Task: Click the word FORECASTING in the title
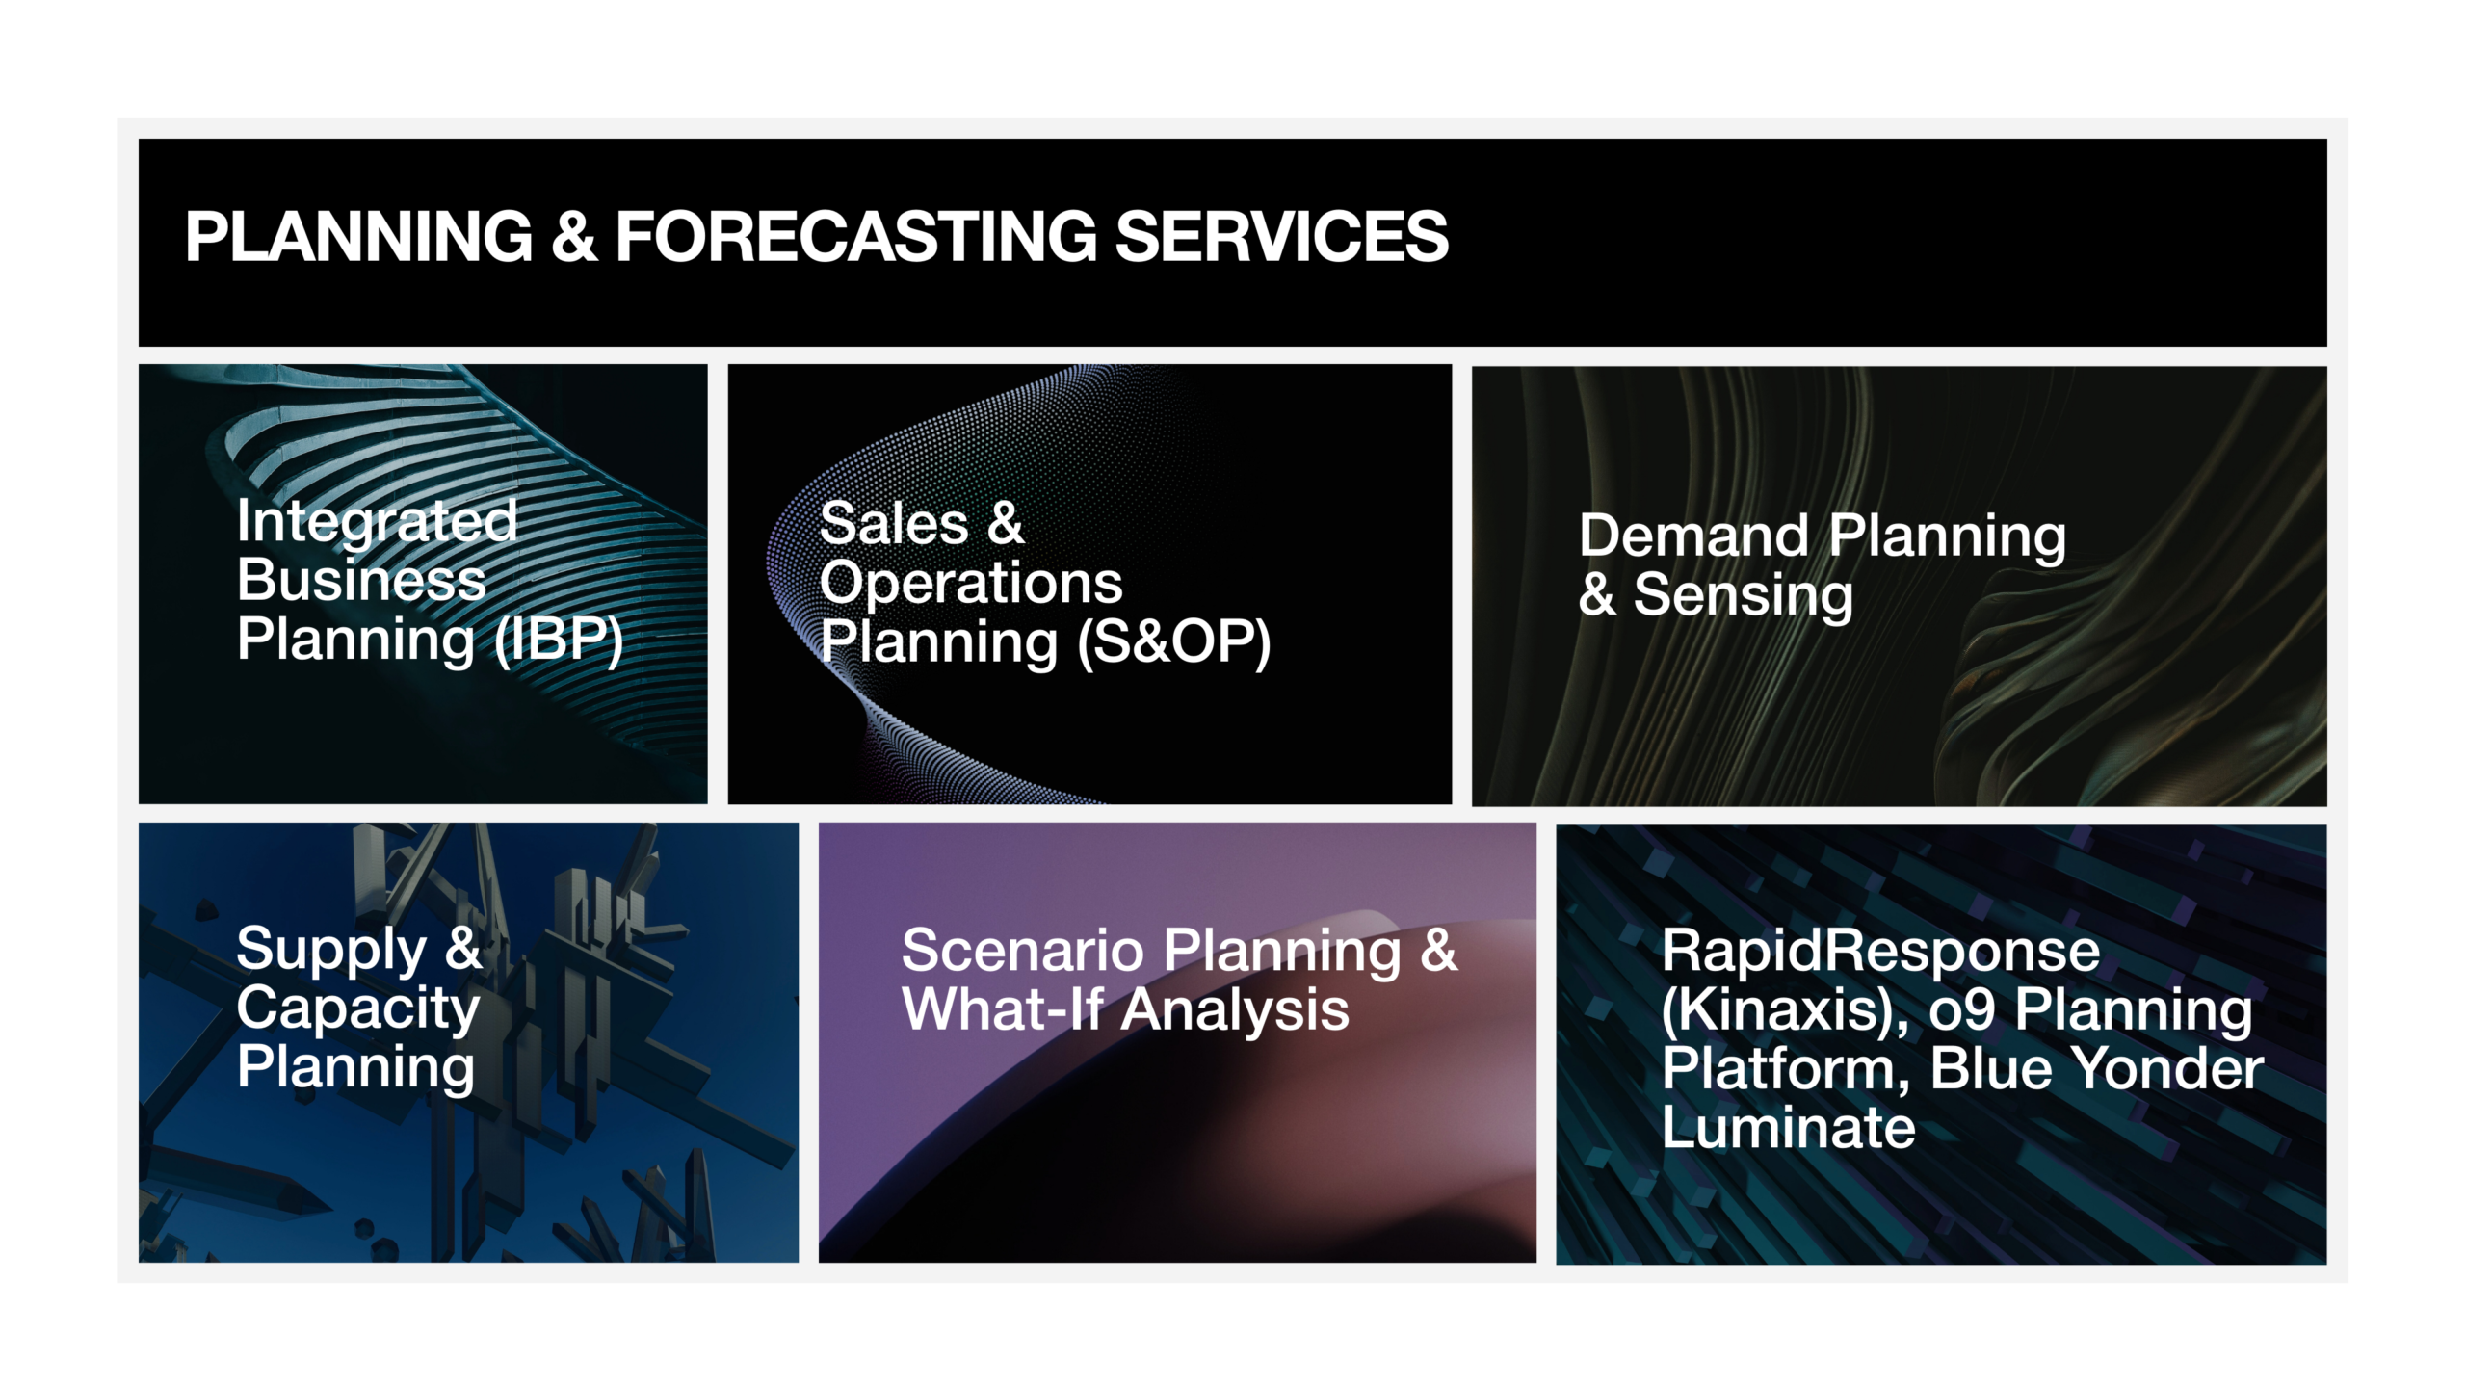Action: (855, 236)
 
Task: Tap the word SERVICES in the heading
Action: (1281, 236)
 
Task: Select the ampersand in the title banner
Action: (574, 236)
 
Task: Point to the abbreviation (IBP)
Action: (559, 640)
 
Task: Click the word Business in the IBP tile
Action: (361, 580)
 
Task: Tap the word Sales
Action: (894, 524)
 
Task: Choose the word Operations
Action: (971, 584)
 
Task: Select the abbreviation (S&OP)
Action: (1174, 642)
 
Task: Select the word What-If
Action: (1003, 1010)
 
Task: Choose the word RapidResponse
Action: (1880, 953)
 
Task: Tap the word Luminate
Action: (1789, 1128)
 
